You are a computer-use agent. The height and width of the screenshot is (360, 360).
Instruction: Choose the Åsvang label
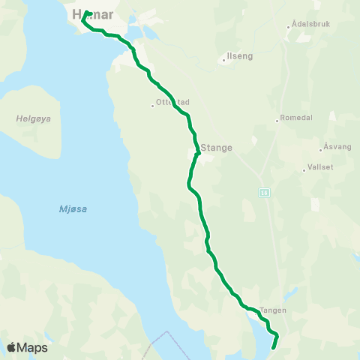[337, 147]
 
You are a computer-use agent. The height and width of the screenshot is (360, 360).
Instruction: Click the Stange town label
[217, 148]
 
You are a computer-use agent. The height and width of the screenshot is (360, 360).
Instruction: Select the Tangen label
[274, 309]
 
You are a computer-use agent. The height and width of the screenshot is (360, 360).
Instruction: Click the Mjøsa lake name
[73, 208]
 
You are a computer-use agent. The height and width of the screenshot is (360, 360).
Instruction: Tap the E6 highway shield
[264, 192]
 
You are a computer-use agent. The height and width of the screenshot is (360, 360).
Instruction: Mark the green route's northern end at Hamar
[88, 13]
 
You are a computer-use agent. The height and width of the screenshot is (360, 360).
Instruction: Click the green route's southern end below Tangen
[272, 347]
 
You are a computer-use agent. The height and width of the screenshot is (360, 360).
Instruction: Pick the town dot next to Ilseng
[224, 56]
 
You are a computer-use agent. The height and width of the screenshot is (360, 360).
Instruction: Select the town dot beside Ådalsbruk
[289, 28]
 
